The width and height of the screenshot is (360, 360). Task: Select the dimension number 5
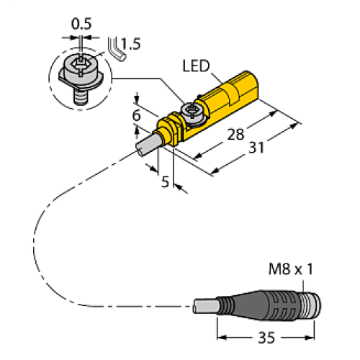[x=166, y=182]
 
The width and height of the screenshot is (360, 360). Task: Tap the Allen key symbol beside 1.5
[x=114, y=47]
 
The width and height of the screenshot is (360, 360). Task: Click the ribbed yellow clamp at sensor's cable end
[x=171, y=128]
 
